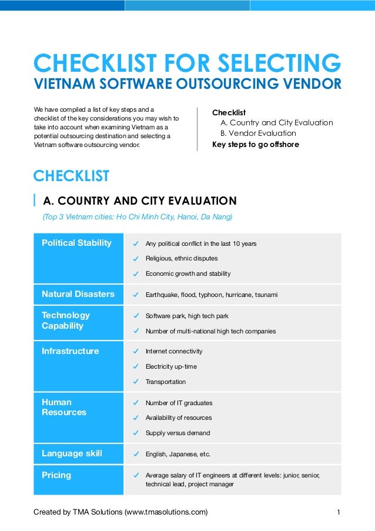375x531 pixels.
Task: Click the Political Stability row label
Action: [x=76, y=243]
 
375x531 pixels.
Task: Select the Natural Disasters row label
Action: [x=78, y=294]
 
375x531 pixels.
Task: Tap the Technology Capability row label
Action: [x=66, y=320]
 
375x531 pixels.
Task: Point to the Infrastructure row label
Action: [x=71, y=351]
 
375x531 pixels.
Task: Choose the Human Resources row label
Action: [x=64, y=407]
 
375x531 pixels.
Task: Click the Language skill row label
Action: [x=72, y=453]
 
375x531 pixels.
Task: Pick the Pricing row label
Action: [x=56, y=475]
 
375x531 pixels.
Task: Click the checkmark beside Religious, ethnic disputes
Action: [x=136, y=259]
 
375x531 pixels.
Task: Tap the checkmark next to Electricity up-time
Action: [x=136, y=367]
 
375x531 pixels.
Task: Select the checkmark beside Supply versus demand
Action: [x=136, y=433]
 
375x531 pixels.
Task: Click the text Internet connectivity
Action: [x=174, y=351]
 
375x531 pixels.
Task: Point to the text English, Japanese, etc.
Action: [x=178, y=454]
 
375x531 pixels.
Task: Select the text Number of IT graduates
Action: [x=179, y=403]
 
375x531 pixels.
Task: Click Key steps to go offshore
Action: [x=256, y=143]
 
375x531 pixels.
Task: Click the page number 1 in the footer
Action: [x=339, y=512]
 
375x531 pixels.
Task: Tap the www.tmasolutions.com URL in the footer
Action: [x=165, y=512]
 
